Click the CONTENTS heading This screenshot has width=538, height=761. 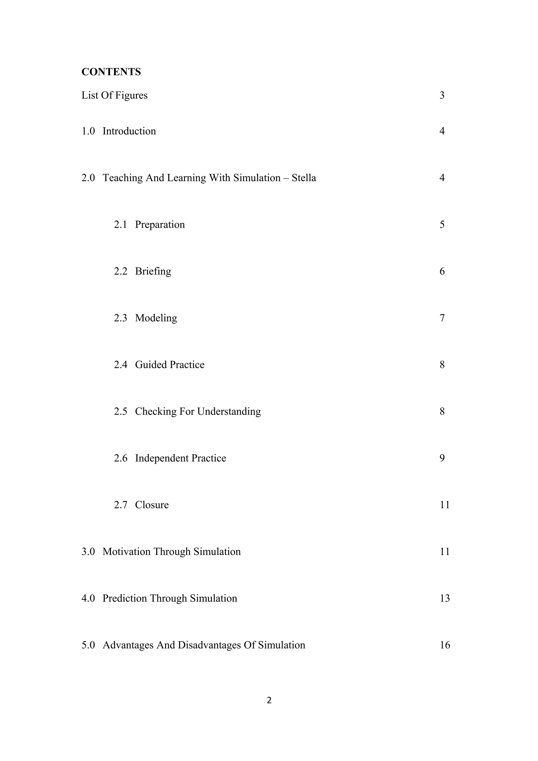[111, 72]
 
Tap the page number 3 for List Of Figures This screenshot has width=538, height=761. [442, 96]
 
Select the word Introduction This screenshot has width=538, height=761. [129, 131]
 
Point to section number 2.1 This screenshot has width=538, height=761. [120, 225]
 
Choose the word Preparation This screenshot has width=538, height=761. [160, 225]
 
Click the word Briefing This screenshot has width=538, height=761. [153, 272]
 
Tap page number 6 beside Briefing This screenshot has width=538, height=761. [442, 272]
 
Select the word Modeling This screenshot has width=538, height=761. [156, 318]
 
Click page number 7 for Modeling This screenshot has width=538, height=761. [442, 318]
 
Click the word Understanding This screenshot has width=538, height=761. [229, 412]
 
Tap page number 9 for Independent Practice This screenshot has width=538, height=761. [442, 458]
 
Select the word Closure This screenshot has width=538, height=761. [152, 505]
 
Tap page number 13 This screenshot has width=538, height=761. [444, 599]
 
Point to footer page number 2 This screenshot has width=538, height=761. [269, 700]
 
